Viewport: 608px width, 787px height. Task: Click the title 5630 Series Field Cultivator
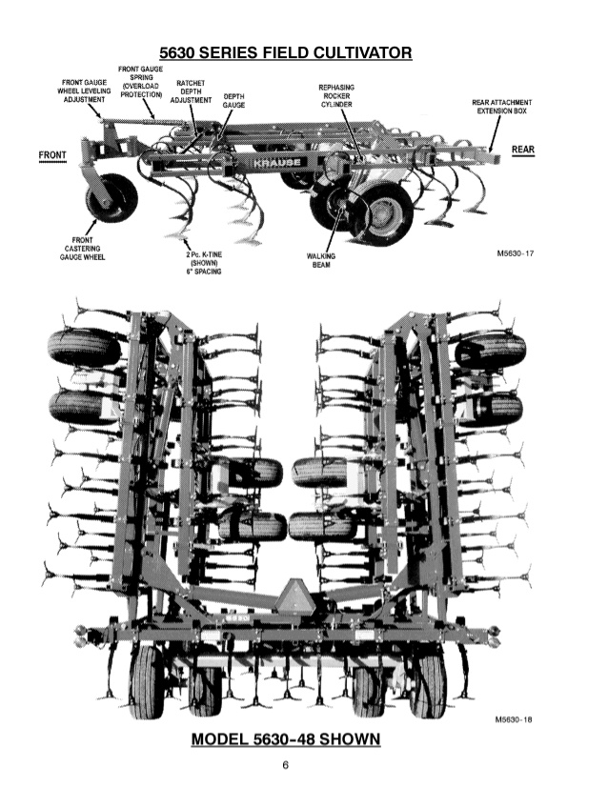(285, 51)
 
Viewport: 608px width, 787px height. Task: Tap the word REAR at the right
(523, 151)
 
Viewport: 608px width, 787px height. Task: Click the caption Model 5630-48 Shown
(286, 739)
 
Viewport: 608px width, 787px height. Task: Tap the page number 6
(285, 766)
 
